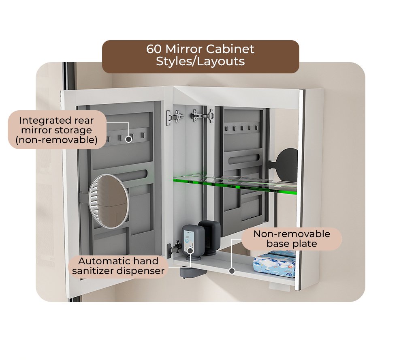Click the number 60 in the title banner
click(154, 49)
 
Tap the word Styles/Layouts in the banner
click(200, 62)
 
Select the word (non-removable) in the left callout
click(57, 140)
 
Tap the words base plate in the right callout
click(292, 244)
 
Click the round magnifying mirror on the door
click(109, 201)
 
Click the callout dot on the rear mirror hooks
click(129, 139)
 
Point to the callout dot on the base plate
click(232, 271)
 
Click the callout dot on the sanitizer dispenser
click(190, 251)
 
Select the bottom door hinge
click(174, 249)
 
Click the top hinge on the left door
click(175, 117)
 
